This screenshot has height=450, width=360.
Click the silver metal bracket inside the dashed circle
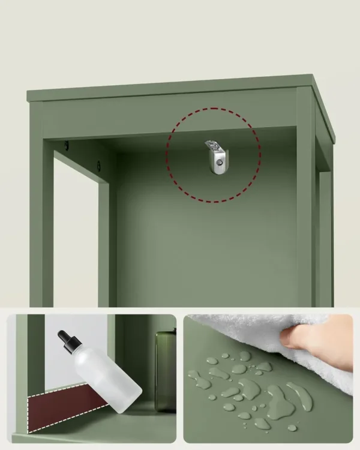215,156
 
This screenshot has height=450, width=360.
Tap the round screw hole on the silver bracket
220,161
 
